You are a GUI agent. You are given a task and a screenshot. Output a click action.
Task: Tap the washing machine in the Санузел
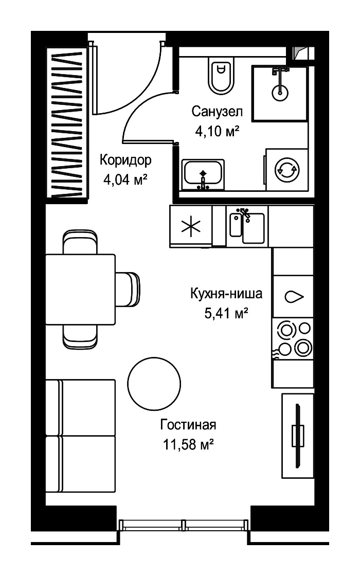coord(287,169)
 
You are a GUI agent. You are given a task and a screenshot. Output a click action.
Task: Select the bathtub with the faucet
coord(203,175)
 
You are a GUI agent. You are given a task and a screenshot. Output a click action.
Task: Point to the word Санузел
coord(217,111)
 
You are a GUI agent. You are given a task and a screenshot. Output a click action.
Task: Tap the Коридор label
coord(125,160)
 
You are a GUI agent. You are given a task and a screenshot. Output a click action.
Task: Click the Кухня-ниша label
coord(226,294)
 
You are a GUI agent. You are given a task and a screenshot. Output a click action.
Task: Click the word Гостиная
coord(188,425)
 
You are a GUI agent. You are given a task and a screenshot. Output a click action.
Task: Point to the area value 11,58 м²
coord(188,445)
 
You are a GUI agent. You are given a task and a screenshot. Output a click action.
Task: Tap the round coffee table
coord(154,384)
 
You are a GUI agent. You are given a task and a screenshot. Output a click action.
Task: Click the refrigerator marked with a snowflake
coord(191,226)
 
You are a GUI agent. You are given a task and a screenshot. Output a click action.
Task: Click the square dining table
coord(80,289)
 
